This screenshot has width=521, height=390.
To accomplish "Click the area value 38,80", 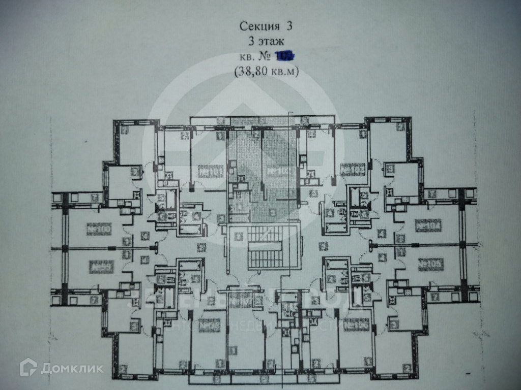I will pyautogui.click(x=253, y=72).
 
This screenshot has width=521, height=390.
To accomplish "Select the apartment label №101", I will pyautogui.click(x=211, y=173).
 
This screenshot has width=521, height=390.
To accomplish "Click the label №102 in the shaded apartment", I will pyautogui.click(x=277, y=172).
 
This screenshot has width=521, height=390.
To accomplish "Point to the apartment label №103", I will pyautogui.click(x=353, y=170).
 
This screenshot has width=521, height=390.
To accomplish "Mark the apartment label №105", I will pyautogui.click(x=430, y=264).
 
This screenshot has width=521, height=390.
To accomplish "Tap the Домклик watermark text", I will pyautogui.click(x=72, y=368).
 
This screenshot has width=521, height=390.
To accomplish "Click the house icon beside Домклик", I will pyautogui.click(x=28, y=367).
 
